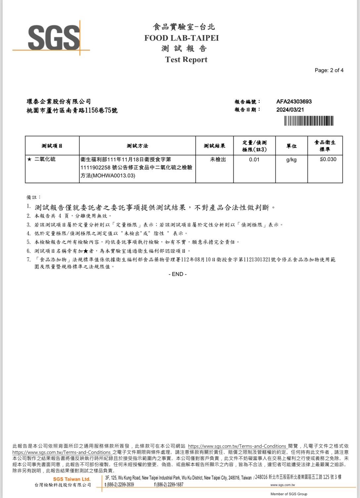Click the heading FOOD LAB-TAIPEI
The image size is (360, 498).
(182, 38)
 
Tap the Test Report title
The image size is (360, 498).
(186, 60)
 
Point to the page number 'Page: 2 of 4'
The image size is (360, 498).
(329, 70)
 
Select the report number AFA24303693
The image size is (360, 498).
(294, 102)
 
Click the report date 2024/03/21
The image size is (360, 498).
(290, 110)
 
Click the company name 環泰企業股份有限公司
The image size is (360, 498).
(59, 102)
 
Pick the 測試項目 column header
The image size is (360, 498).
(52, 146)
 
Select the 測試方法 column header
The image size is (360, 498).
(137, 146)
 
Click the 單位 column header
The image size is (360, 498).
(291, 146)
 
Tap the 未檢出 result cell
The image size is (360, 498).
(218, 159)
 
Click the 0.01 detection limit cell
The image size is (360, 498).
(254, 159)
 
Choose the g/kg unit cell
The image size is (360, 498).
(291, 160)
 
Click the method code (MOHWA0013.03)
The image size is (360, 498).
(108, 176)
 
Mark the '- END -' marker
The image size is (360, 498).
(178, 274)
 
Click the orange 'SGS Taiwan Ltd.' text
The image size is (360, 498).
(72, 479)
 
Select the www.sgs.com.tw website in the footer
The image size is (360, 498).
(283, 485)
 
